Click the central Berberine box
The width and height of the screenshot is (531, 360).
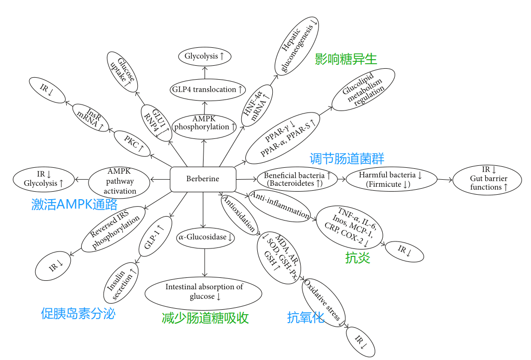pyautogui.click(x=202, y=179)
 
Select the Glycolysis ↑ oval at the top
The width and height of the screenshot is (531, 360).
pyautogui.click(x=204, y=56)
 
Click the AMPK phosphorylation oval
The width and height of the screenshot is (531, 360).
pyautogui.click(x=205, y=122)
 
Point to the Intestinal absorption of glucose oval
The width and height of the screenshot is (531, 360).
pyautogui.click(x=204, y=292)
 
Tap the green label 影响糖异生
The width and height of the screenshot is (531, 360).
pyautogui.click(x=346, y=59)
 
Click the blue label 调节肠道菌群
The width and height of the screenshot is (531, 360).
pyautogui.click(x=347, y=159)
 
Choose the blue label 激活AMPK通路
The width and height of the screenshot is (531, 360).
pyautogui.click(x=75, y=205)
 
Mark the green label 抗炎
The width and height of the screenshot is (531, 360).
pyautogui.click(x=358, y=258)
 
